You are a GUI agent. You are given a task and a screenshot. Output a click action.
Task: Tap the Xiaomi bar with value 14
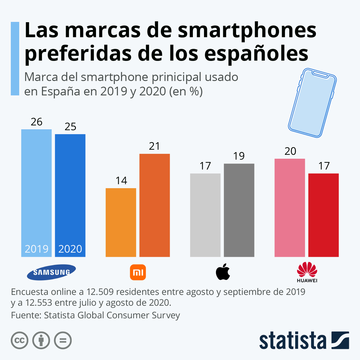pos(121,222)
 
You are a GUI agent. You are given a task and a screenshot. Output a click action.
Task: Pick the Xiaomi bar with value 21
pos(154,205)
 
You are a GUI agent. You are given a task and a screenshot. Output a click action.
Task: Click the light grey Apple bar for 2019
pos(205,215)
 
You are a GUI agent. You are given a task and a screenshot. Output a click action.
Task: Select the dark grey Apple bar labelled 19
pos(239,210)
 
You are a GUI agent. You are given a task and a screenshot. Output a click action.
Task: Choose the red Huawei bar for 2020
pos(323,215)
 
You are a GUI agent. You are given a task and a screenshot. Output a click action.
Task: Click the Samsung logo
pos(51,272)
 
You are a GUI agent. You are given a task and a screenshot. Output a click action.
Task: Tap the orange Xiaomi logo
pos(138,272)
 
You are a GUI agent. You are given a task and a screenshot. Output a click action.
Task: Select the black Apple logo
pos(223,272)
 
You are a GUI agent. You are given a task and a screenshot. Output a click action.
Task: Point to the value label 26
pos(37,122)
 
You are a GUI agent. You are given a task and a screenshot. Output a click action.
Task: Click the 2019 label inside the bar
pos(37,249)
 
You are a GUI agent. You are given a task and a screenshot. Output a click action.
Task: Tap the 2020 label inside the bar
pos(70,249)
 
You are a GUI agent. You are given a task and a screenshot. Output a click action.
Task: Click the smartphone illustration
pos(312,103)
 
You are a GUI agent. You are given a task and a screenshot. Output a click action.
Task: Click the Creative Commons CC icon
pos(20,340)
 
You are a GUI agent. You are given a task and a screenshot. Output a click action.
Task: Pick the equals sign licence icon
pos(63,340)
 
